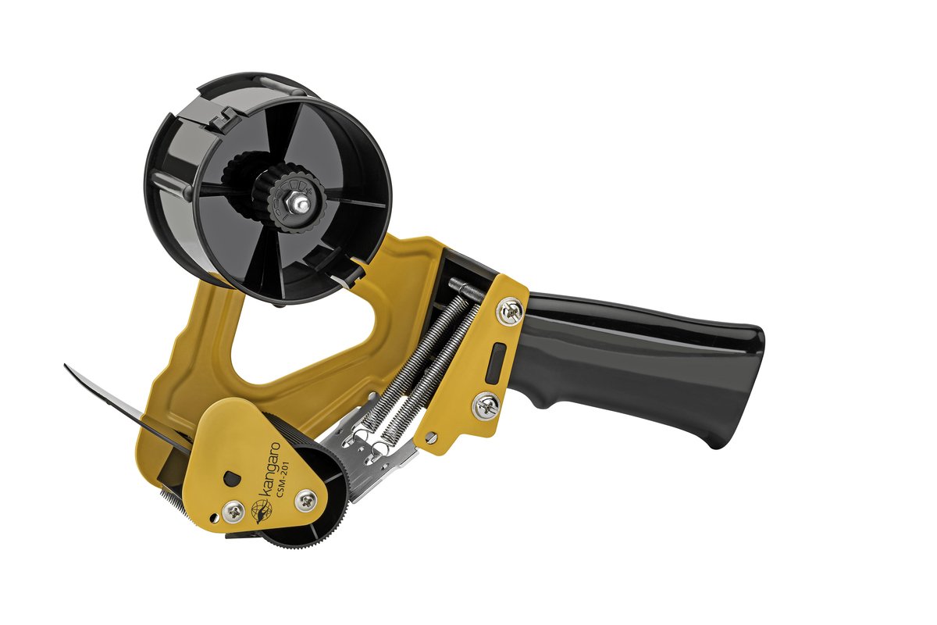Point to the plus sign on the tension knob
(309, 190)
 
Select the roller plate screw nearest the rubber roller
(306, 500)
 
